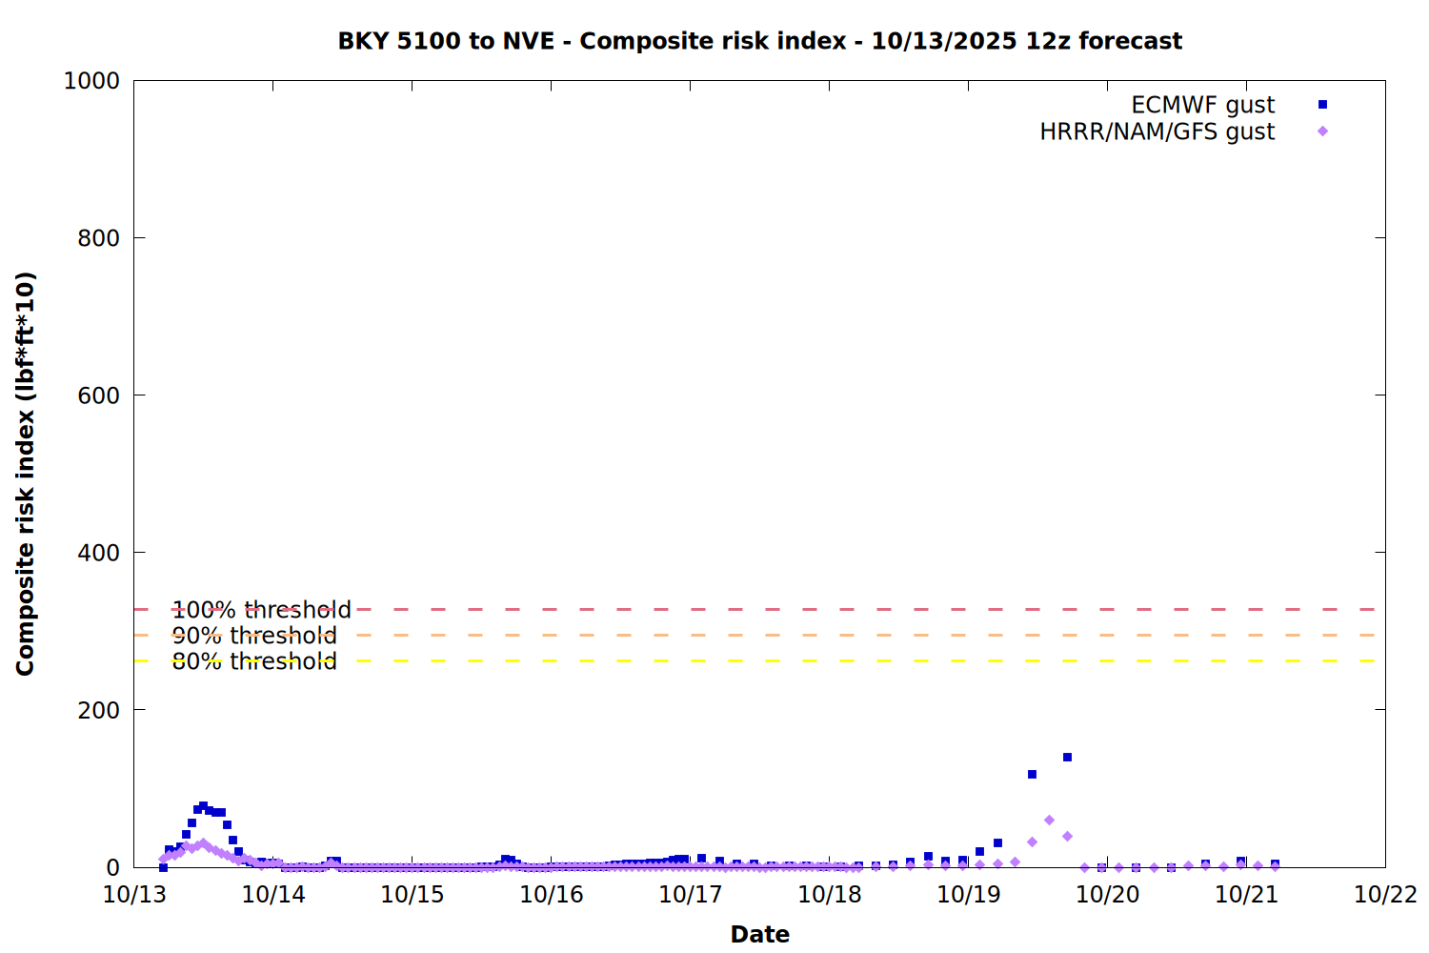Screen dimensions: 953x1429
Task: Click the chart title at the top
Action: [759, 41]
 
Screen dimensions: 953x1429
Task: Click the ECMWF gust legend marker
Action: [1322, 105]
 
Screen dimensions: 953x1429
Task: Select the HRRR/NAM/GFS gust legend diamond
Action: [1322, 132]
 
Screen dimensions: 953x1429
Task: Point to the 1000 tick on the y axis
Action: [91, 81]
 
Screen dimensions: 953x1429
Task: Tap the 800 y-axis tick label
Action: [98, 238]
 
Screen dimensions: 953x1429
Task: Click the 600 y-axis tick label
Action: [98, 395]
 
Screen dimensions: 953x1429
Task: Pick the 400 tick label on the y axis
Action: [98, 553]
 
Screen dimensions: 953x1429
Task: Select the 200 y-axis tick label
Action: [98, 710]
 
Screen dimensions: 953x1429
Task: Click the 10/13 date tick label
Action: [134, 895]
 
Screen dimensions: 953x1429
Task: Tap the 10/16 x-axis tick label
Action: [552, 895]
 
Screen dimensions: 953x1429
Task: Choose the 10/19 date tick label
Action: [968, 895]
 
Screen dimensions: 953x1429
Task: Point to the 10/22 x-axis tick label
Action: [1385, 895]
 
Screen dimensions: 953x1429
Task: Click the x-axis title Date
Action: [759, 934]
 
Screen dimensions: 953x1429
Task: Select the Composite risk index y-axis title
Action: [26, 474]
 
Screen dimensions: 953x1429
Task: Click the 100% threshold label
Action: [261, 610]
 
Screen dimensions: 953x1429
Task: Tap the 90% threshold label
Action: [254, 636]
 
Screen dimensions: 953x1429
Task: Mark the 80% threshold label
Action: [254, 661]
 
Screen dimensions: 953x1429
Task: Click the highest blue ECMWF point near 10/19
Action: [1067, 758]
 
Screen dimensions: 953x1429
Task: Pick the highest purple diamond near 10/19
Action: [1049, 821]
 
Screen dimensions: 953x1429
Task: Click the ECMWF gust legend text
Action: [1202, 105]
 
